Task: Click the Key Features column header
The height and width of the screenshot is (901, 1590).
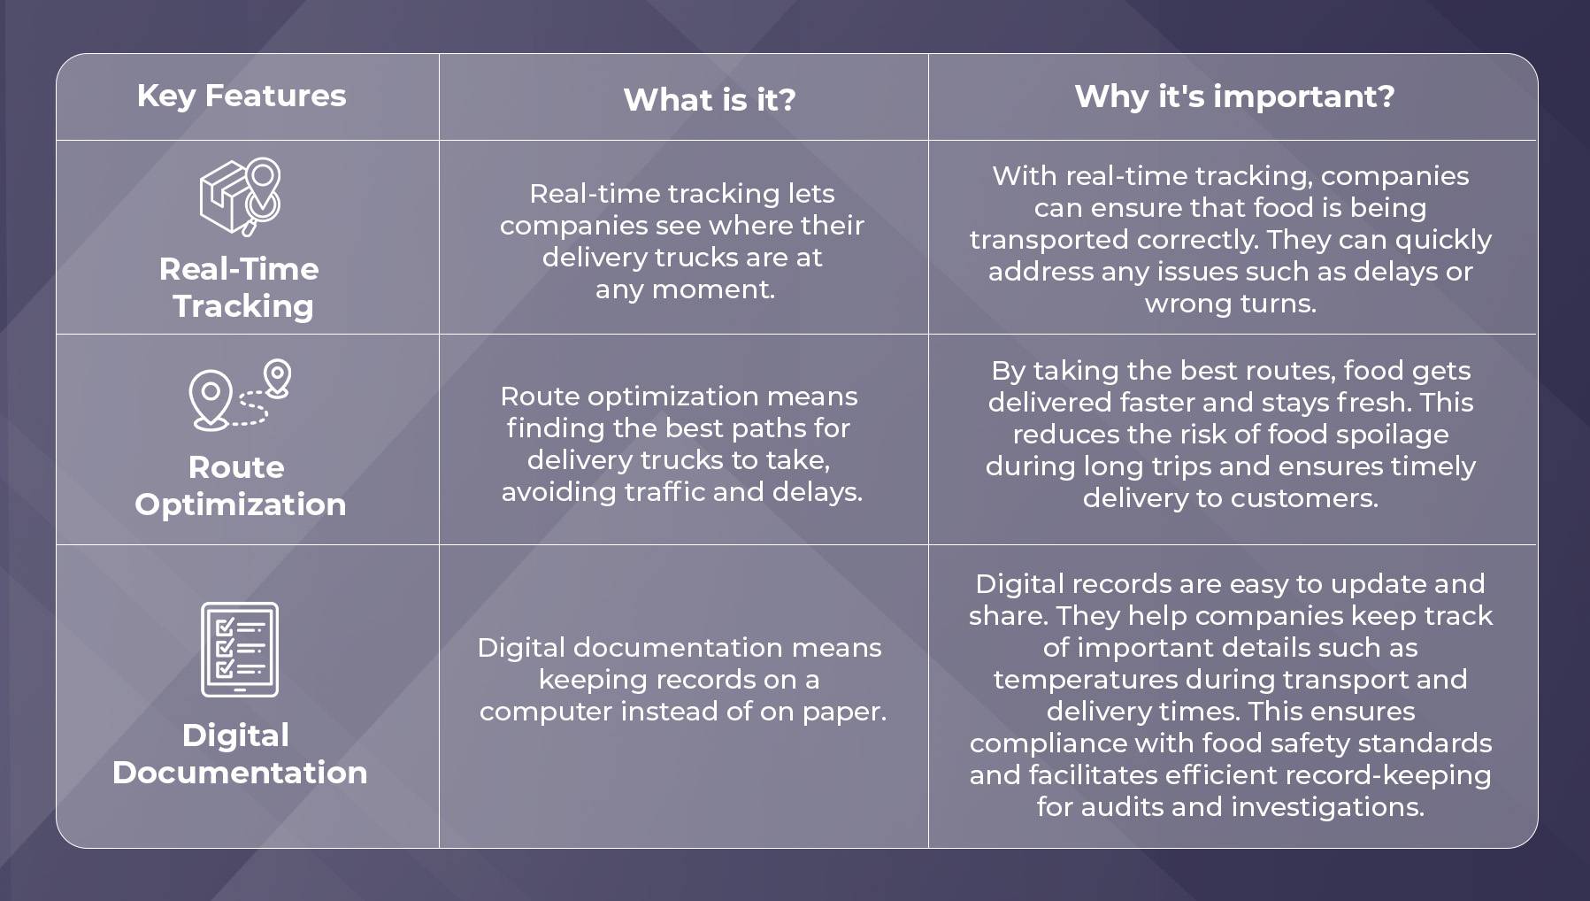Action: click(242, 96)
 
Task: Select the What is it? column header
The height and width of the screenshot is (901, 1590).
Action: click(710, 99)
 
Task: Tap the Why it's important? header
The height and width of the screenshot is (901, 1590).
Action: click(1234, 96)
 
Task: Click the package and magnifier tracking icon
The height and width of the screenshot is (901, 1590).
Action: click(241, 196)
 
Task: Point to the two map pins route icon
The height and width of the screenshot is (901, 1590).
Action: click(240, 395)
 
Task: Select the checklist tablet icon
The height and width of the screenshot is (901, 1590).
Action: click(240, 650)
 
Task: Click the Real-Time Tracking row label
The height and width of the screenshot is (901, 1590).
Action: click(240, 288)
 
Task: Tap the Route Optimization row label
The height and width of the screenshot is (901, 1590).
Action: click(240, 486)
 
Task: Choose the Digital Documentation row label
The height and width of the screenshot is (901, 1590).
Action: click(240, 754)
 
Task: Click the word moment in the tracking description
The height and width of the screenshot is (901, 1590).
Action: click(712, 289)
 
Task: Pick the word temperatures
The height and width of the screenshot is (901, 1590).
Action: click(1085, 680)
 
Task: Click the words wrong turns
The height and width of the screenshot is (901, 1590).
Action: click(1231, 304)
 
